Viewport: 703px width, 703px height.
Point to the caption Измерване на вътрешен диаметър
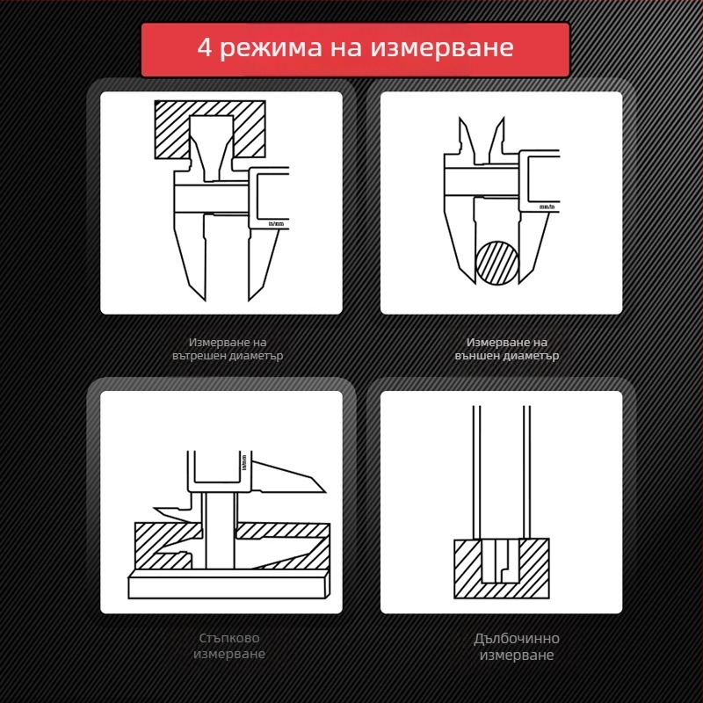(228, 349)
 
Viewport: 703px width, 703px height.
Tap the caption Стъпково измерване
(228, 646)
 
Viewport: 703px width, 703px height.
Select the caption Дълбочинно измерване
(516, 647)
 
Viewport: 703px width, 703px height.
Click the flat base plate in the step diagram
(228, 584)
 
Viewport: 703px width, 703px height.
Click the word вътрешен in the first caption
(200, 357)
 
